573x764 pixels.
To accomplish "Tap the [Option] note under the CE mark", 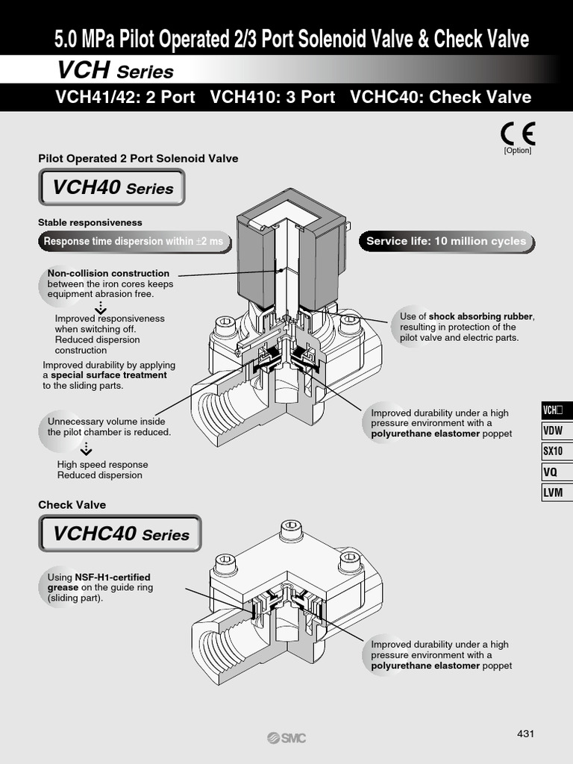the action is pos(518,150).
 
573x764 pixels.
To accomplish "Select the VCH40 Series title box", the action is pos(112,187).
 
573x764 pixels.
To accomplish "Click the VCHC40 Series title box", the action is pos(120,533).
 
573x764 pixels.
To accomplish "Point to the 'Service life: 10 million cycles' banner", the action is pos(446,241).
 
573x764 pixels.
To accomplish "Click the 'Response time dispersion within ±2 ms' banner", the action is pos(134,241).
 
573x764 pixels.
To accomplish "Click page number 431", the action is pos(526,733).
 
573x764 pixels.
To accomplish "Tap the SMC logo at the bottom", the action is pos(286,738).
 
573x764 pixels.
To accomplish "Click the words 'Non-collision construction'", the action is pos(108,273).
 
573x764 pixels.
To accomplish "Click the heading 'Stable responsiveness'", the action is pos(90,222).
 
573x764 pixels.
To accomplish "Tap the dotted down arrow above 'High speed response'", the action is pos(87,448).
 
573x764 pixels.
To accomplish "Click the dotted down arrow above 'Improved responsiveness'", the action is pos(101,307).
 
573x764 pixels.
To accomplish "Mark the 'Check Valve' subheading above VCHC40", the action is pos(72,504).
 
